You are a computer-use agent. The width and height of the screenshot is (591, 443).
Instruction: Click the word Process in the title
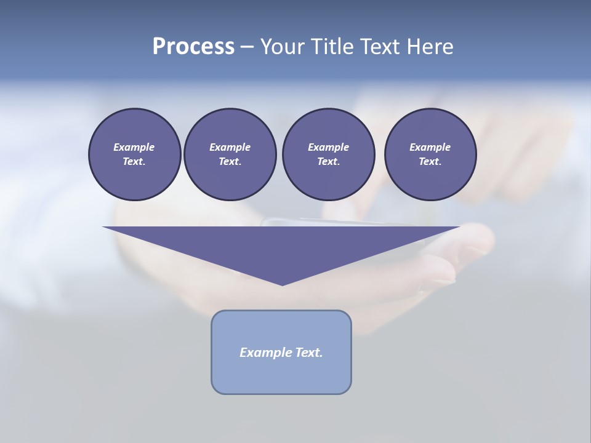click(x=193, y=46)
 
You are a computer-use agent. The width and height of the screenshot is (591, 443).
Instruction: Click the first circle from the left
click(x=134, y=154)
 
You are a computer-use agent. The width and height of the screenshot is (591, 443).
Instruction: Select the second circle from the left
click(x=230, y=154)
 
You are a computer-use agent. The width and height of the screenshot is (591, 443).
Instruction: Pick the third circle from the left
click(x=328, y=154)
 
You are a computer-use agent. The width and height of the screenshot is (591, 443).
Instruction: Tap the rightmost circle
click(x=430, y=154)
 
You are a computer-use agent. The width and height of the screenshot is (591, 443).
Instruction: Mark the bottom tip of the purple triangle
click(x=282, y=284)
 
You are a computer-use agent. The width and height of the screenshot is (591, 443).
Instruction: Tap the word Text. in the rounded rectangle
click(x=309, y=353)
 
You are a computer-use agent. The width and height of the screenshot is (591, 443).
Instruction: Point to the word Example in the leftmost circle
click(x=134, y=147)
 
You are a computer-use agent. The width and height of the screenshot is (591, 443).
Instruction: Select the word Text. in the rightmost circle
click(x=430, y=162)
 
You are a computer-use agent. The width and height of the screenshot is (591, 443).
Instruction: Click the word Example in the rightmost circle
click(x=430, y=147)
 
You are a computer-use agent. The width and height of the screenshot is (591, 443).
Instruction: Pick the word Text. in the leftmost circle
click(x=134, y=162)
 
